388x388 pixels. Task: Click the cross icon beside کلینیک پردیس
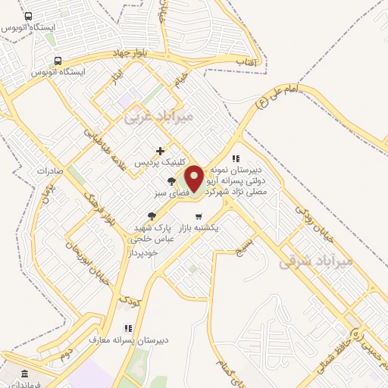click(x=159, y=152)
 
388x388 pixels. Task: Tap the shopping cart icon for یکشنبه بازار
click(x=199, y=217)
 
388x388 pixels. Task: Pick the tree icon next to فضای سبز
click(x=171, y=181)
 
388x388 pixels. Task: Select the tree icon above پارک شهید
click(x=152, y=216)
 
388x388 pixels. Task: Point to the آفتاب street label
click(x=246, y=59)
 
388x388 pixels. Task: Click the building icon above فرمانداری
click(x=24, y=374)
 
